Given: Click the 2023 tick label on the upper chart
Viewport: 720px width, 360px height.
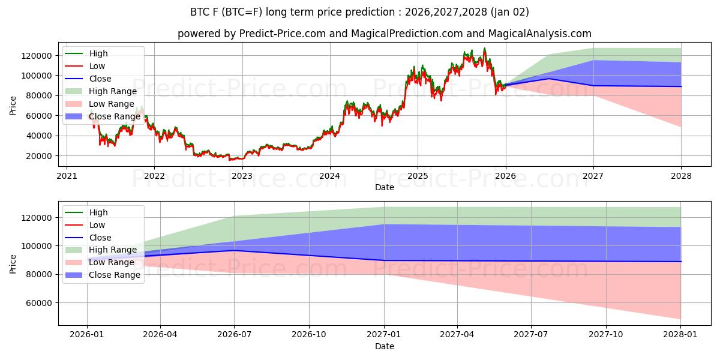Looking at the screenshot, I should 242,176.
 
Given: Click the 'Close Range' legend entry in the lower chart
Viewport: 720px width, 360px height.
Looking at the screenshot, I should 114,275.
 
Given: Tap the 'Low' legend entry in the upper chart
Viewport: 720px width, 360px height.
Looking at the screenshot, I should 97,66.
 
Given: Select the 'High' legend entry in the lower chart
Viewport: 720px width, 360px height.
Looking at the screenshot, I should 98,212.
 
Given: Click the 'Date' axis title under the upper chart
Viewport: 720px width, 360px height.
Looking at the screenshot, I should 385,187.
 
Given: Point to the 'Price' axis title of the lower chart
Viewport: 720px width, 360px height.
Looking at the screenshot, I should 13,263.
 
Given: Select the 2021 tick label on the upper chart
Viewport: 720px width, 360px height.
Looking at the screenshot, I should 67,176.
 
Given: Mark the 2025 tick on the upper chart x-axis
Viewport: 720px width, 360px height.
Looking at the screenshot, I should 418,176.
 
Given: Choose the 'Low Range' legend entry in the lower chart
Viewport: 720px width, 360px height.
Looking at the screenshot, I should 111,262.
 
